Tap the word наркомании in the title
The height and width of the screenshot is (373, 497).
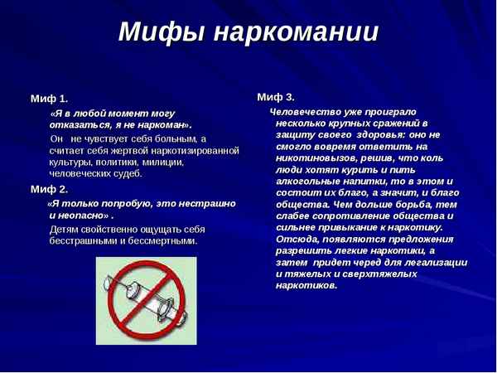point(296,32)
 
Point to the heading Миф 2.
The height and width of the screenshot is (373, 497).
point(50,189)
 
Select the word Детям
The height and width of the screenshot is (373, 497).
point(66,229)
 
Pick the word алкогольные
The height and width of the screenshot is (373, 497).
point(307,181)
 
